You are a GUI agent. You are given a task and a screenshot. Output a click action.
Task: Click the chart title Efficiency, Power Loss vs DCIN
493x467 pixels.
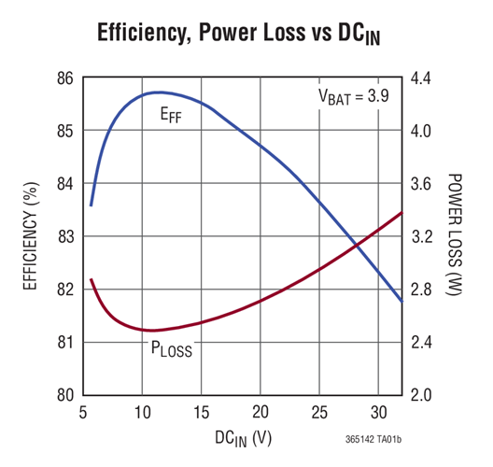click(246, 35)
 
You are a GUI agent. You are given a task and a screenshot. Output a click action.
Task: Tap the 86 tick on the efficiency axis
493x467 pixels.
click(63, 78)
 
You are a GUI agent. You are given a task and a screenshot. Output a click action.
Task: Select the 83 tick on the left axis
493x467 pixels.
click(63, 236)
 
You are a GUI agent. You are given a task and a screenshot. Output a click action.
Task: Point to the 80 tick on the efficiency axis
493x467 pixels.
click(63, 394)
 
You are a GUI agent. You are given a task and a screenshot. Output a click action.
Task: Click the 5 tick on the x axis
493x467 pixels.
click(83, 413)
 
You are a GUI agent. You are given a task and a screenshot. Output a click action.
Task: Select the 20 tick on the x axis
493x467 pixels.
click(261, 413)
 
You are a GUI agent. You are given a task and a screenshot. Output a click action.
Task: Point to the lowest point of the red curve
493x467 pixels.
click(149, 330)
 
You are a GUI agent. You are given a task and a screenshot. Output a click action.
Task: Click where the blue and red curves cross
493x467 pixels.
click(356, 246)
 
